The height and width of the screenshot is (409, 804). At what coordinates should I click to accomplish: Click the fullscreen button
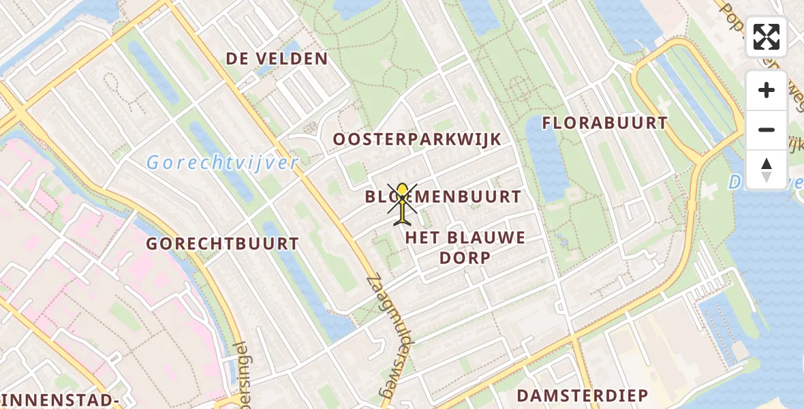[x=767, y=37]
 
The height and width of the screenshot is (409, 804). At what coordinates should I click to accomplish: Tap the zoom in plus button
[x=767, y=90]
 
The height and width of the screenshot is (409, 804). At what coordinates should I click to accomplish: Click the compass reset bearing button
[x=767, y=170]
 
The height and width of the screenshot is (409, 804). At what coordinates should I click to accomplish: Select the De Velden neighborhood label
[x=277, y=59]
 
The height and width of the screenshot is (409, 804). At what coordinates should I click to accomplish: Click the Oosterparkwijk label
[x=417, y=140]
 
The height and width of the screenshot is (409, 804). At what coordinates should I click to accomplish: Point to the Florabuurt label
[x=604, y=123]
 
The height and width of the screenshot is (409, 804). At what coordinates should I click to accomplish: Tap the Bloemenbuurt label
[x=443, y=198]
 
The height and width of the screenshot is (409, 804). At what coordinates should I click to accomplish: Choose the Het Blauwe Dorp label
[x=465, y=247]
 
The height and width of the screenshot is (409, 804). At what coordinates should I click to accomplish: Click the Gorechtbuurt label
[x=223, y=244]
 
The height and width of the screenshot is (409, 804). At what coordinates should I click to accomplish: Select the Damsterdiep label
[x=582, y=396]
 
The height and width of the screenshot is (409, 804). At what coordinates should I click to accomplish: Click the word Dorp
[x=465, y=258]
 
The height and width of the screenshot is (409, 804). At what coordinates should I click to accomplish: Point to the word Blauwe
[x=488, y=238]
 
